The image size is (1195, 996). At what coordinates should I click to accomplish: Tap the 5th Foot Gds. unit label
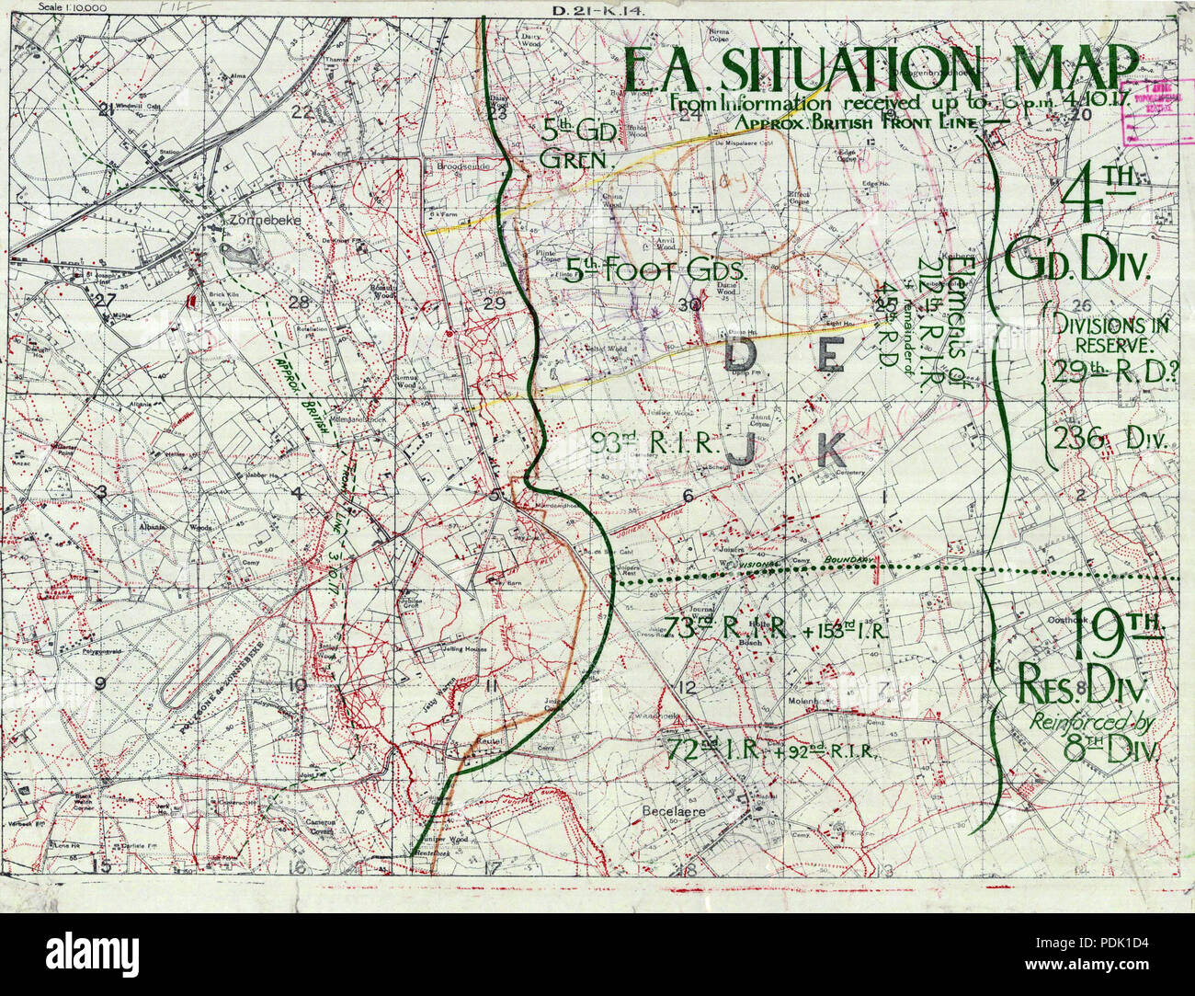[658, 270]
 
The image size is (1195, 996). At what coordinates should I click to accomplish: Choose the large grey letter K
[830, 450]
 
